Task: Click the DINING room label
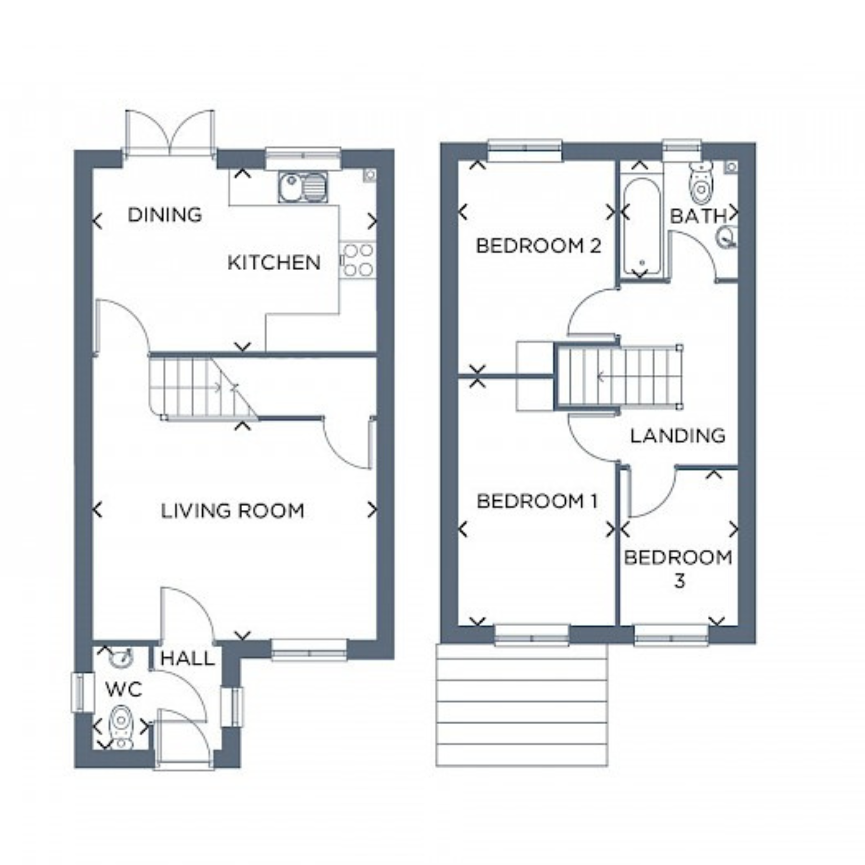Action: (x=165, y=215)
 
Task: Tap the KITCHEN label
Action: (x=274, y=262)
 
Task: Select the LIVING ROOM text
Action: (x=233, y=511)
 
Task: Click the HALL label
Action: (x=187, y=658)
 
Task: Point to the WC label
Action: (x=124, y=690)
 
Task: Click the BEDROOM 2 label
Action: (x=538, y=246)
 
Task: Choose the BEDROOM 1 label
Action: (x=537, y=501)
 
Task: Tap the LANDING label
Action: (x=678, y=436)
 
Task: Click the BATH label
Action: (x=699, y=216)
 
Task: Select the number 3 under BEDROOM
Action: (x=679, y=581)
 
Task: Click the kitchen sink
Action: (x=303, y=187)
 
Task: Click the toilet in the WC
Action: (x=121, y=727)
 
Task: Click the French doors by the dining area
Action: (x=170, y=132)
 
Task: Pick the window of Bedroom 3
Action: (x=671, y=634)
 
